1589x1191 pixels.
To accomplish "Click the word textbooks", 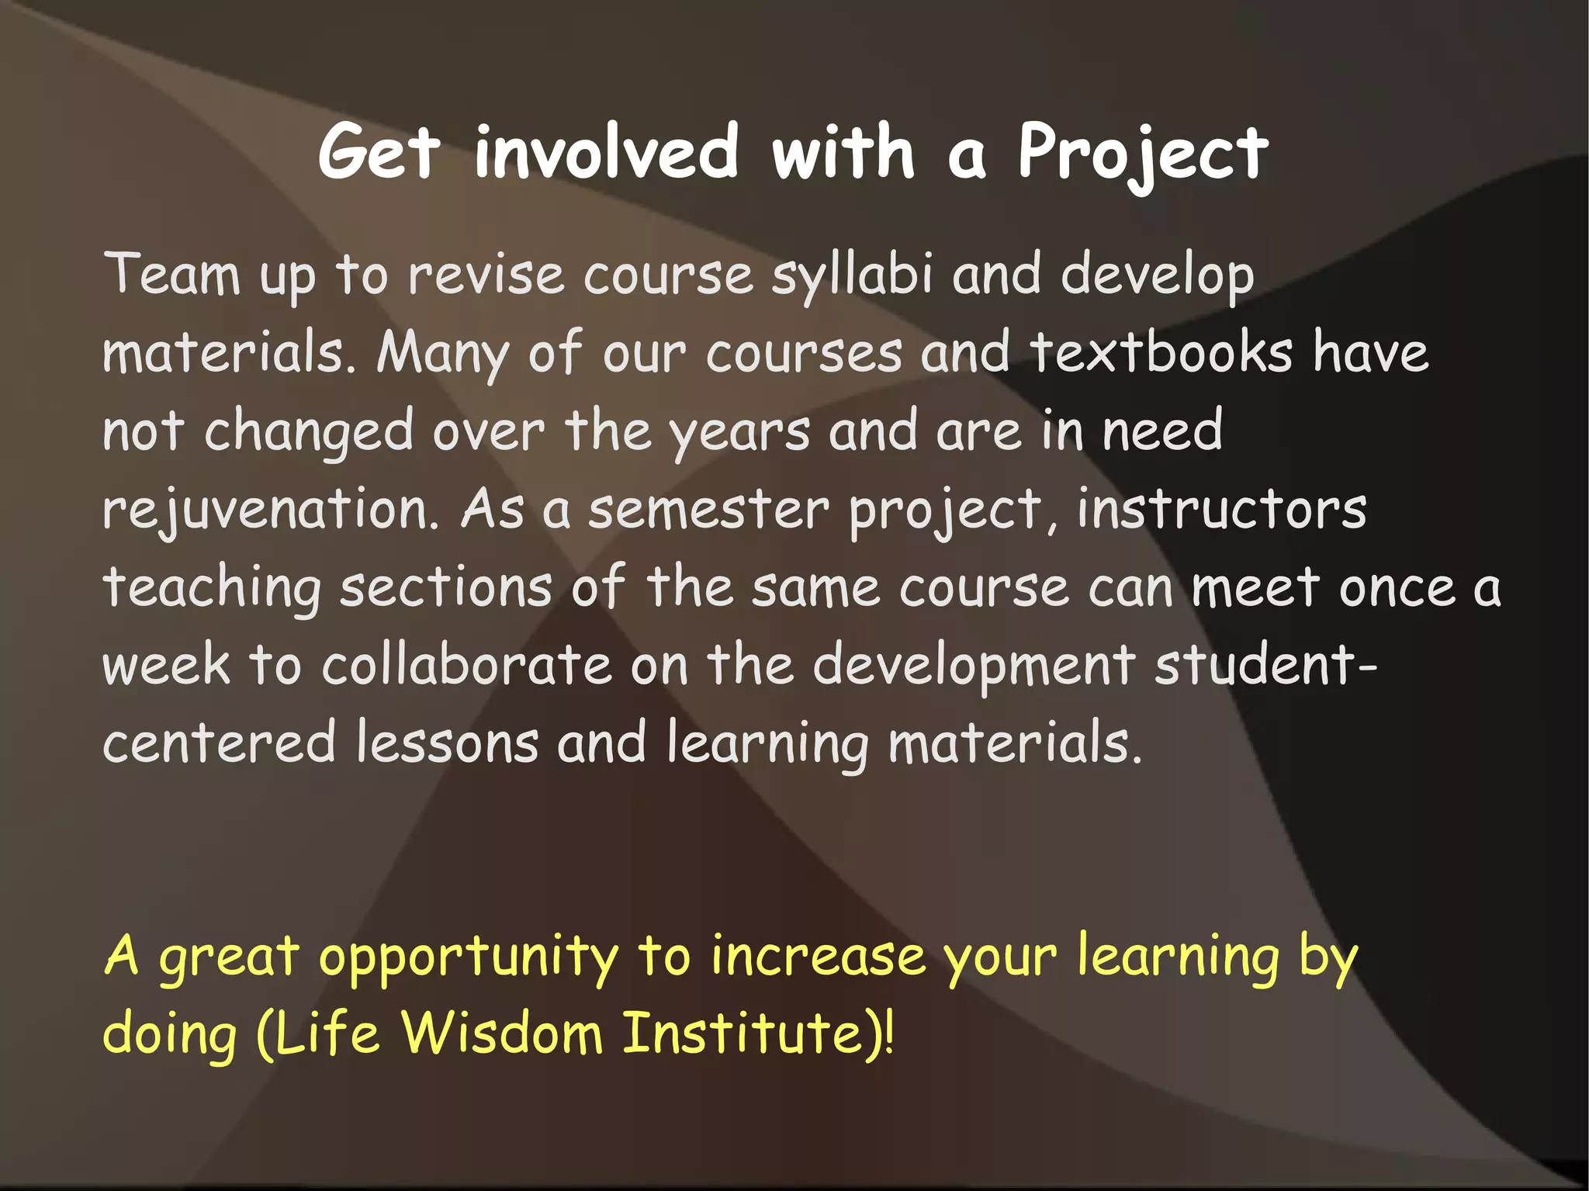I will click(1161, 353).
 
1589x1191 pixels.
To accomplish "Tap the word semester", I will click(708, 510).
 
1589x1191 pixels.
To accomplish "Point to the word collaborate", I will click(466, 666).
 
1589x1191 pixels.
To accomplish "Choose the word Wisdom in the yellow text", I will click(502, 1033).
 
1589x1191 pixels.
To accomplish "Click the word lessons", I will click(447, 743).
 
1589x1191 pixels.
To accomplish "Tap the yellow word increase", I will click(818, 956).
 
